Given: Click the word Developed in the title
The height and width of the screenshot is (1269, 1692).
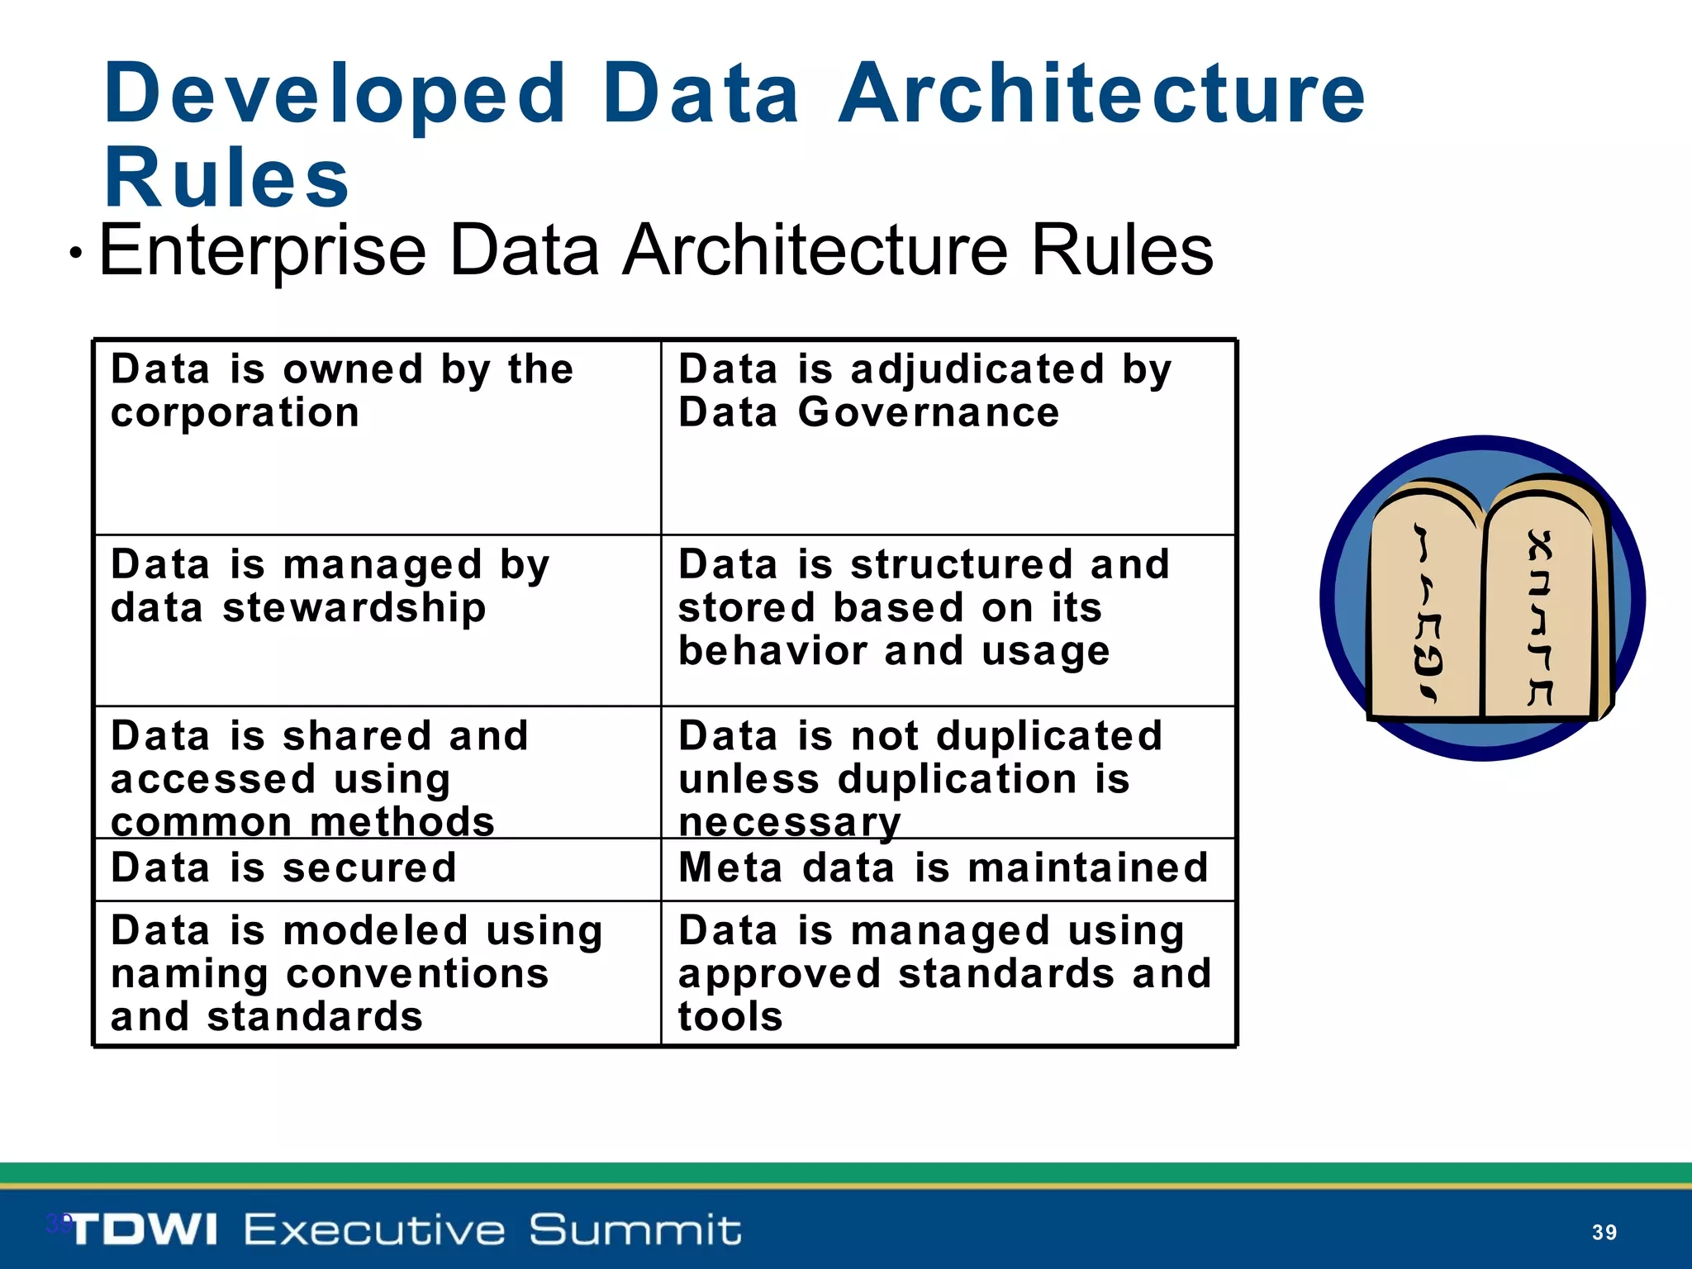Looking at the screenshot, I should click(x=335, y=94).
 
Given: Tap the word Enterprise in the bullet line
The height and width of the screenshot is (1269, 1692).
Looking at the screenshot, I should click(x=263, y=250).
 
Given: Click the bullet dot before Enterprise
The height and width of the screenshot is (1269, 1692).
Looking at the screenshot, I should click(x=76, y=254).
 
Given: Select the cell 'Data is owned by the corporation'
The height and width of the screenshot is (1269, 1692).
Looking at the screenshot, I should click(x=378, y=437).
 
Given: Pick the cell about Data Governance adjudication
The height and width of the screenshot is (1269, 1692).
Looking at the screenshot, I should click(x=948, y=437).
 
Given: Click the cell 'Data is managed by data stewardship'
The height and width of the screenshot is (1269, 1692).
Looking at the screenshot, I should click(x=378, y=620).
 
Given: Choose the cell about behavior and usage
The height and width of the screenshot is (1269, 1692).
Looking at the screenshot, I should click(x=948, y=620).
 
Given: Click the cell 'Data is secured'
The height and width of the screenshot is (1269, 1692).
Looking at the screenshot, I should click(x=378, y=869).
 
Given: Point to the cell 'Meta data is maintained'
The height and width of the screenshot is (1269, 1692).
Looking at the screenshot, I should click(x=948, y=869).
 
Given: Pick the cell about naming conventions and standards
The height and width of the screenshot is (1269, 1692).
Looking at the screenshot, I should click(x=378, y=973).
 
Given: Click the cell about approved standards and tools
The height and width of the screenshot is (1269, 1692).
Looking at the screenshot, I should click(x=948, y=973).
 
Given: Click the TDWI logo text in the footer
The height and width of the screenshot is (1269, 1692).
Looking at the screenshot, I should click(x=142, y=1230).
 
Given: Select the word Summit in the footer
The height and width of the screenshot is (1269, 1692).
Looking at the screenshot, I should click(x=634, y=1230).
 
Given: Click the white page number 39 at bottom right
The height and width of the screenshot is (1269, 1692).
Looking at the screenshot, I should click(x=1604, y=1233).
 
